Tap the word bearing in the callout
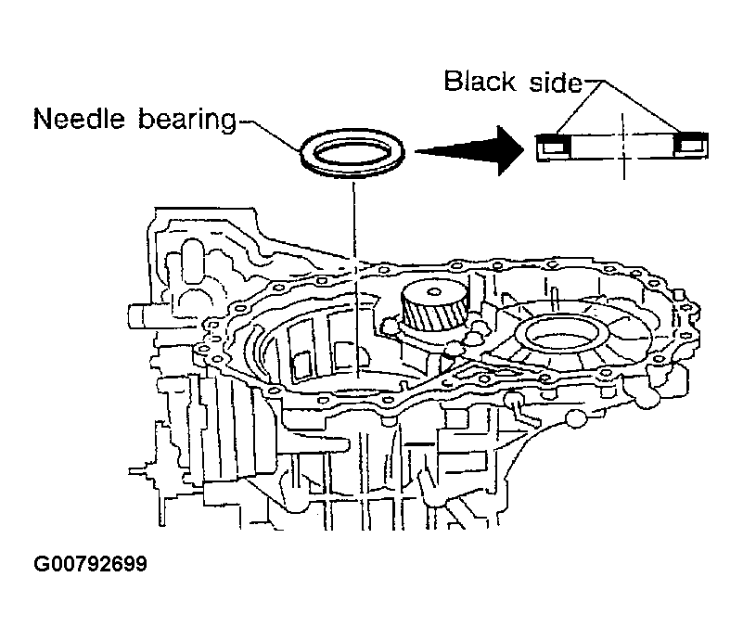(184, 120)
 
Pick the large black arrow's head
(505, 148)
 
